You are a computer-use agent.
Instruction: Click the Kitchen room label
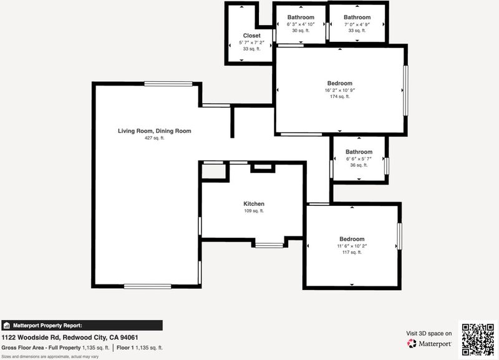254,204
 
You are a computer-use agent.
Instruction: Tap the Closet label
252,36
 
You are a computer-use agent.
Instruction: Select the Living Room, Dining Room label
154,131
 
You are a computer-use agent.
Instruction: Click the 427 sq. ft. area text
154,138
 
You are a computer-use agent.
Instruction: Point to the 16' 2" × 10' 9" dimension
339,90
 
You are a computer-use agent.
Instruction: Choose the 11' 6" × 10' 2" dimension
352,246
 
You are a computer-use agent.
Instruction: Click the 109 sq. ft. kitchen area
254,211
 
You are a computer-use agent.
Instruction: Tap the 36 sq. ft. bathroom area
359,165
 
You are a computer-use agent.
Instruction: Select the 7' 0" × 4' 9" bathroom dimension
357,24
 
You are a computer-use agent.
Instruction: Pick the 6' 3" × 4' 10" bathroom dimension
301,24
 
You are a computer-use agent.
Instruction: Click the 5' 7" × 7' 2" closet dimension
252,42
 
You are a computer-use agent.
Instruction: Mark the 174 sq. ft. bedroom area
339,97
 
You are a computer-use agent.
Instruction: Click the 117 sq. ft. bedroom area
352,253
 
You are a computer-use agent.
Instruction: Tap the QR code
478,339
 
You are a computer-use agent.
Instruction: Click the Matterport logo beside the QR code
429,343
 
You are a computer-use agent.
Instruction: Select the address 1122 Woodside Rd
31,338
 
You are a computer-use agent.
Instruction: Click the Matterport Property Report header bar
82,325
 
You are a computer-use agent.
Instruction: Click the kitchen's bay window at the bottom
269,245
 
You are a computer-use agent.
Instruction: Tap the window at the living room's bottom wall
147,286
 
